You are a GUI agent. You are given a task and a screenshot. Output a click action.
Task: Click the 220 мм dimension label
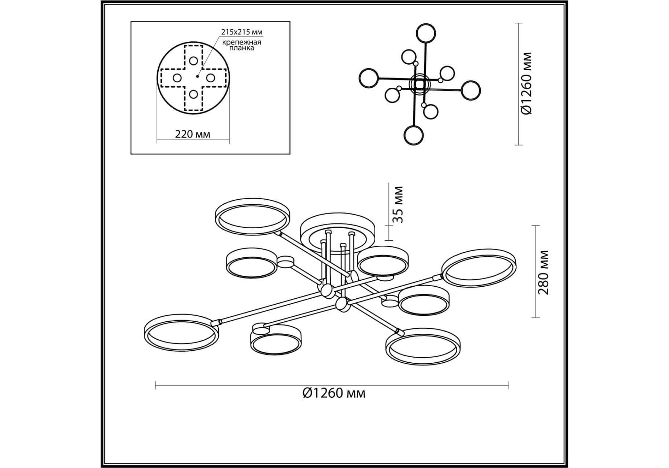193,134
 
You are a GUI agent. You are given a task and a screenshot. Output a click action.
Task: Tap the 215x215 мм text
242,32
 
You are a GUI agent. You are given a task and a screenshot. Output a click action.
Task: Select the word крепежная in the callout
242,42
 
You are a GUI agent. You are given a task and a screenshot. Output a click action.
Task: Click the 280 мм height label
544,272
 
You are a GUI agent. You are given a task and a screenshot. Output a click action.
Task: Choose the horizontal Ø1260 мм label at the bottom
334,393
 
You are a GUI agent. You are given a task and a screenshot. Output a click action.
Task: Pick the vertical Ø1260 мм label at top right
527,83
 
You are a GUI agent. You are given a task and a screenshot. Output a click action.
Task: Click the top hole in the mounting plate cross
193,61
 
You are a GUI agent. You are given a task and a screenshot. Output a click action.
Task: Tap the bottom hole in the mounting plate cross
193,95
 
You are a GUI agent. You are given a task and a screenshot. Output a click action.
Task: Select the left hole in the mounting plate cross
177,78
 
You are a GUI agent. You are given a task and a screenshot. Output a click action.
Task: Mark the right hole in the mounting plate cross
211,78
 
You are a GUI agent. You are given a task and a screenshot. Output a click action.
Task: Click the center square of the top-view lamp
420,84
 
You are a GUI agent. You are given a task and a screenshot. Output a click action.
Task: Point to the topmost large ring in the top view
426,24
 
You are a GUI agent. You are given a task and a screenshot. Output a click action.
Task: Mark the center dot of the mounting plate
197,76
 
